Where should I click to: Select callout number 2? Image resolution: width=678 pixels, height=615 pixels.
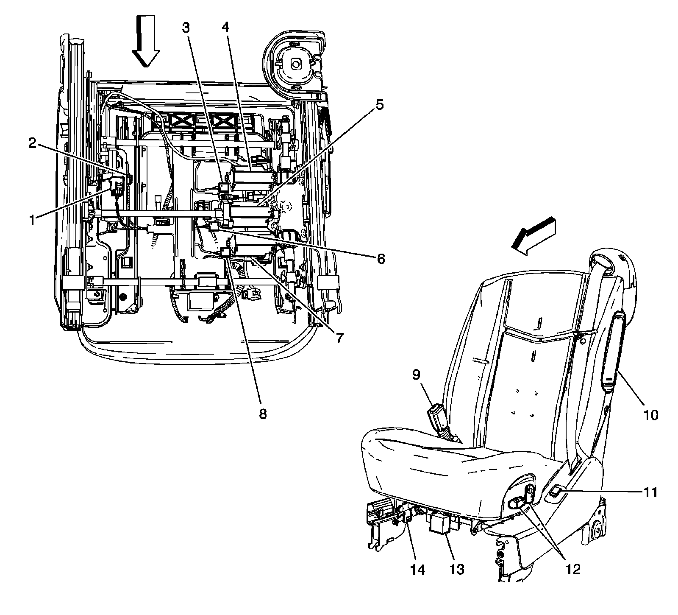[33, 143]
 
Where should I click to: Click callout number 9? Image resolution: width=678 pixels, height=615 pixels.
[417, 374]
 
